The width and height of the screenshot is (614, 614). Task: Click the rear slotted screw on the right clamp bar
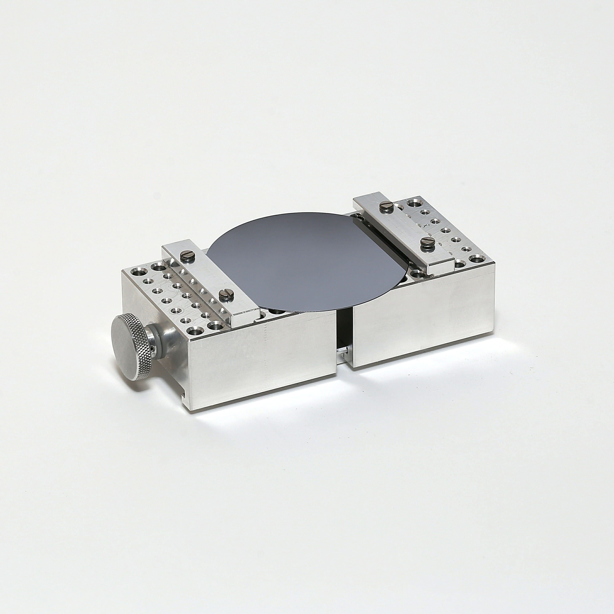(387, 206)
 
